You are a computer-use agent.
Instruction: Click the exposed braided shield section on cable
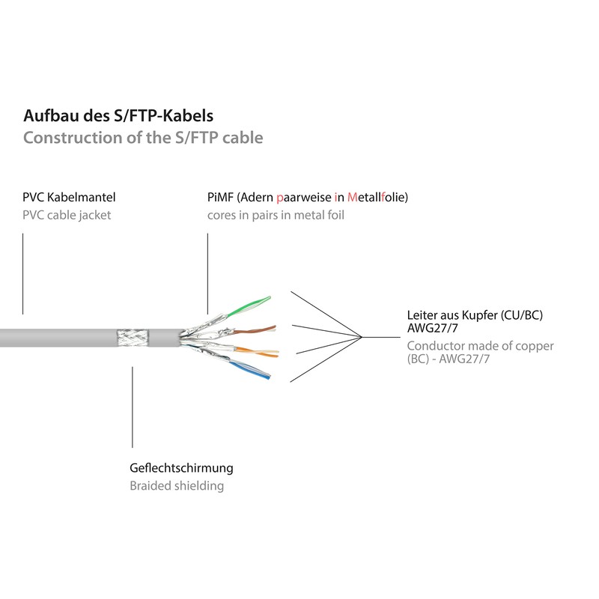(133, 338)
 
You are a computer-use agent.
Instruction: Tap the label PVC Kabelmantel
(69, 198)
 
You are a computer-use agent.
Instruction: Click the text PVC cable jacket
(67, 215)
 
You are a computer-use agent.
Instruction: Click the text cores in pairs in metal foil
(276, 215)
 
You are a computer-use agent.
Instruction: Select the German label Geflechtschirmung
(181, 468)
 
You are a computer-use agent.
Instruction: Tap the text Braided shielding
(177, 485)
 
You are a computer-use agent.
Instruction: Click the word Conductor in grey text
(436, 346)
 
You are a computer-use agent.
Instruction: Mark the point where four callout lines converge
(363, 337)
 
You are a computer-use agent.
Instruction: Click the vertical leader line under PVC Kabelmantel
(23, 273)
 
